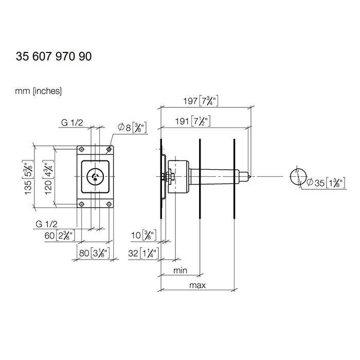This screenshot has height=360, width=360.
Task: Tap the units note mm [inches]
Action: [38, 91]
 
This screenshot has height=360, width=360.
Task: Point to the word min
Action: [180, 271]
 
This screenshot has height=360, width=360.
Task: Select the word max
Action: [197, 285]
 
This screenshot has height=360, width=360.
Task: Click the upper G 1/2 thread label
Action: [71, 122]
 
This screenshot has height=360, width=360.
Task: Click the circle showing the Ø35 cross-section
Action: [298, 177]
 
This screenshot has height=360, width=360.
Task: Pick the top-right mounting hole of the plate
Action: [109, 150]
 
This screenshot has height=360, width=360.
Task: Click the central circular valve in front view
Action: [95, 176]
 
